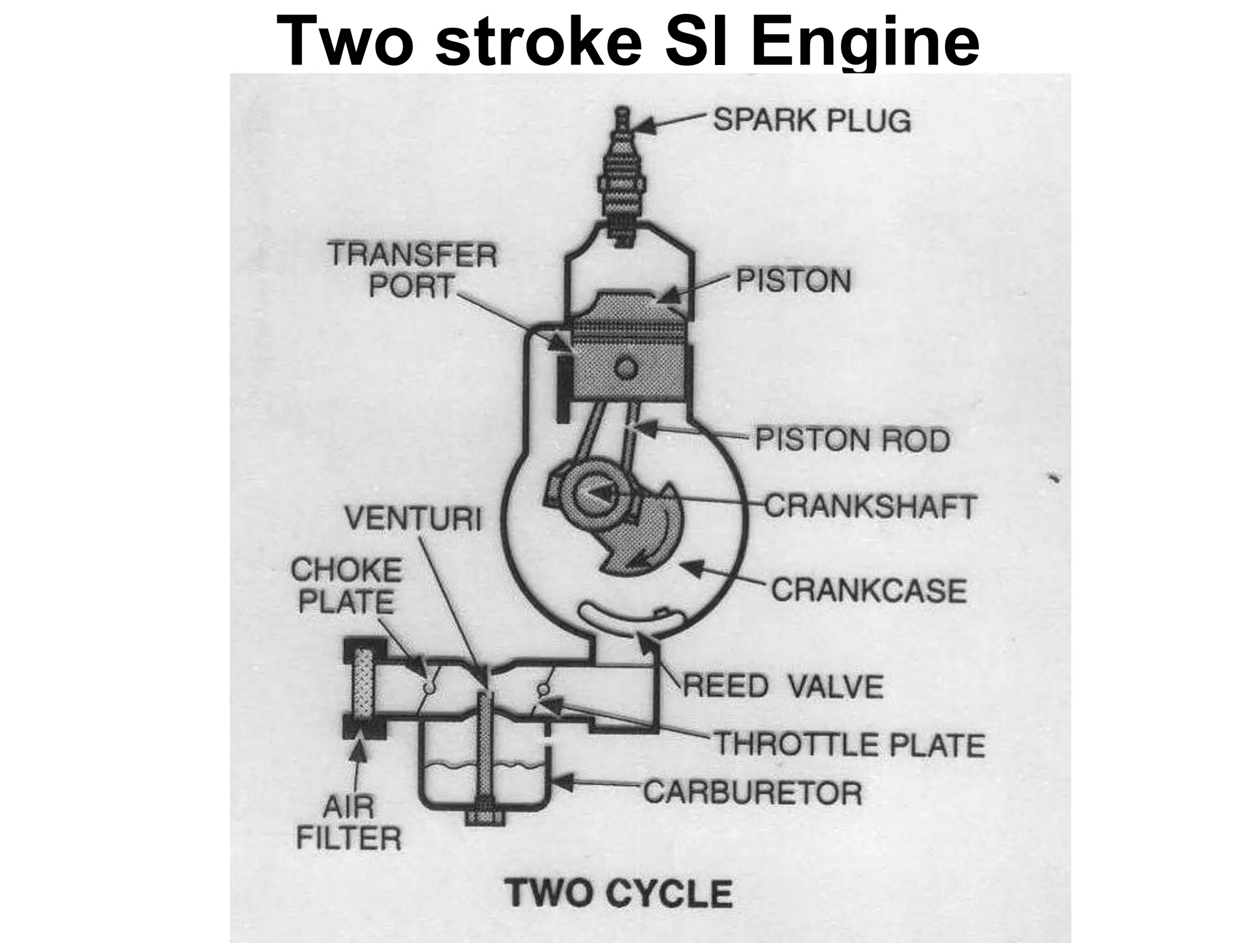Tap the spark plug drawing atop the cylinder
click(x=622, y=184)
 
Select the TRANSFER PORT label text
click(x=412, y=270)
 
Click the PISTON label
click(x=793, y=281)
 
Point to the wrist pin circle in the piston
click(x=626, y=368)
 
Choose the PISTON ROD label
click(x=852, y=440)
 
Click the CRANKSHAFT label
click(x=869, y=507)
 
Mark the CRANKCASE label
click(x=868, y=591)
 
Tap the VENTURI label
click(x=412, y=519)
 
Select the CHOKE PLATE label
click(x=346, y=586)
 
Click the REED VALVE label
click(x=782, y=686)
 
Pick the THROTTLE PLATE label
click(x=849, y=745)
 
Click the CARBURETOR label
click(x=752, y=792)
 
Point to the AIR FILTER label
click(x=348, y=823)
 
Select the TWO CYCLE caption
click(x=619, y=894)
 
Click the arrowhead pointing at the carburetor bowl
click(x=563, y=782)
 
